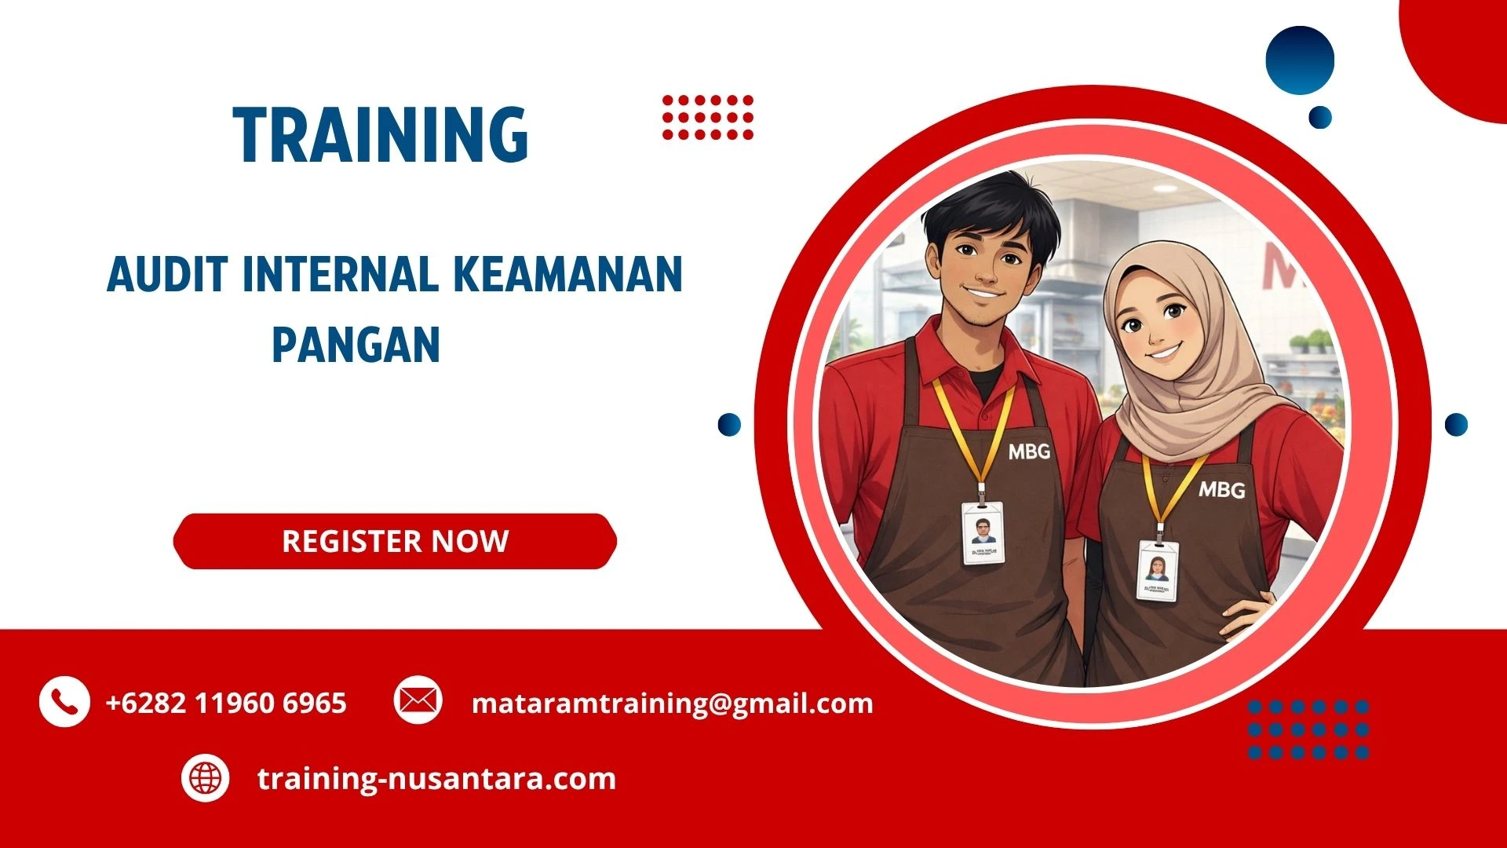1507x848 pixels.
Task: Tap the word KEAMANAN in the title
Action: click(x=567, y=274)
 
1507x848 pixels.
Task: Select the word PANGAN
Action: click(x=356, y=345)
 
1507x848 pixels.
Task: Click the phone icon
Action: click(x=64, y=701)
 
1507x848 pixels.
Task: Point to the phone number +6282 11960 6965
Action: click(x=226, y=703)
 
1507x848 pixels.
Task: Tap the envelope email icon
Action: click(x=418, y=700)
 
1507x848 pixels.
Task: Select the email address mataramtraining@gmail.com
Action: click(x=672, y=703)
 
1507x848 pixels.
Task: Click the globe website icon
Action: click(x=206, y=778)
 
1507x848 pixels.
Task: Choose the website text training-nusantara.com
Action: click(x=436, y=779)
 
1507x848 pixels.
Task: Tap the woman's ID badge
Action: click(x=1158, y=570)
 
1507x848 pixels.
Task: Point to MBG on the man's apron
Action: click(x=1029, y=451)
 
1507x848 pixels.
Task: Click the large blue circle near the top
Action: click(x=1300, y=60)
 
